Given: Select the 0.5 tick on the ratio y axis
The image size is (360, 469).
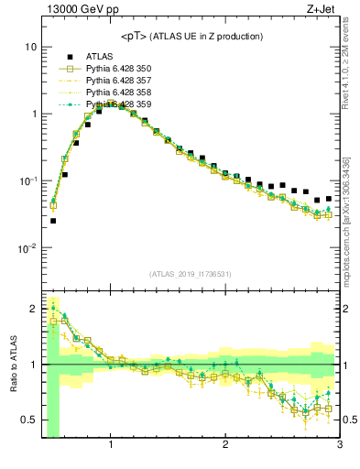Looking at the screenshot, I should pos(28,420).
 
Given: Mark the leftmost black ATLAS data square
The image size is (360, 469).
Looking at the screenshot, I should pos(53,221).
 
